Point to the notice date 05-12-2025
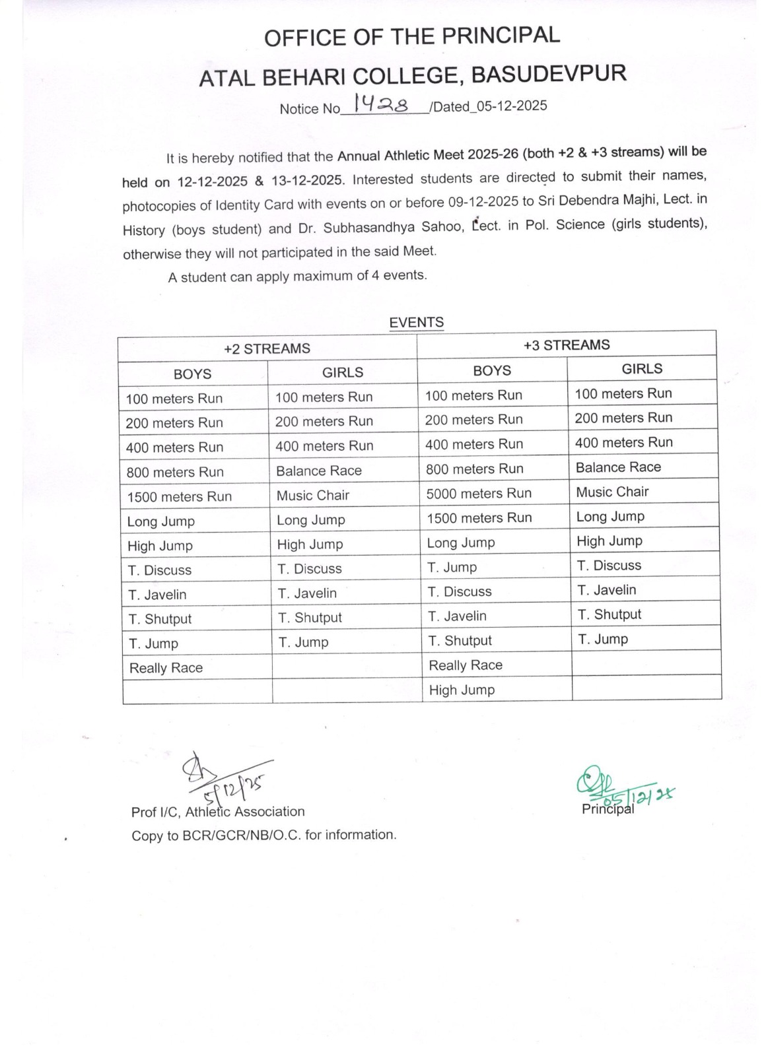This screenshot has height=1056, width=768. coord(512,106)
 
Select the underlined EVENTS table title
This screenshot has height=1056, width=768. coord(416,322)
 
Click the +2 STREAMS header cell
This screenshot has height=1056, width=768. coord(267,348)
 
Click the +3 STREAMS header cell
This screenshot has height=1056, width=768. coord(566,345)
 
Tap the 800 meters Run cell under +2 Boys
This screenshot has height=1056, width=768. coord(175,472)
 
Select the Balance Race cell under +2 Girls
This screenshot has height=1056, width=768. coord(318,471)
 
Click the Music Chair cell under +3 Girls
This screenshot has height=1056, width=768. coord(612,492)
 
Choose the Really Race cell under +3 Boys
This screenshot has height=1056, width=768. coord(466,665)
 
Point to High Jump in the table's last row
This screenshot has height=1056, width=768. coord(462,690)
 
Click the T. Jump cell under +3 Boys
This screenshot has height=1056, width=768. coord(452,567)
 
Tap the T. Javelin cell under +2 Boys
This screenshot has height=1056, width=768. coord(157,595)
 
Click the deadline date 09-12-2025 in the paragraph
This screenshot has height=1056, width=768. coord(485,201)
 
